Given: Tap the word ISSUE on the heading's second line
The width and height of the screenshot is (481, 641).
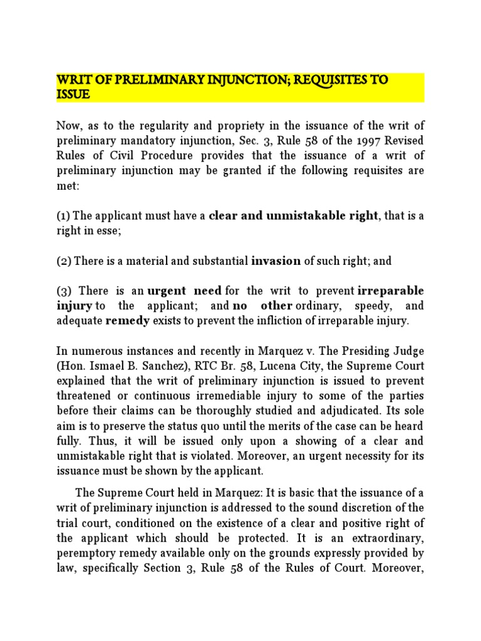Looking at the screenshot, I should pos(73,95).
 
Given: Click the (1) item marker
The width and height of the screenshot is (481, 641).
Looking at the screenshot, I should pos(63,216).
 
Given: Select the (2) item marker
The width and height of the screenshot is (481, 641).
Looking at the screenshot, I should pos(63,261).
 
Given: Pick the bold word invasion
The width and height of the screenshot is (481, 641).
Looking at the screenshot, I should pos(276,261).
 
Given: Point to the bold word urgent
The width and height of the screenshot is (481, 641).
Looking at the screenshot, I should pos(167,291).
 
